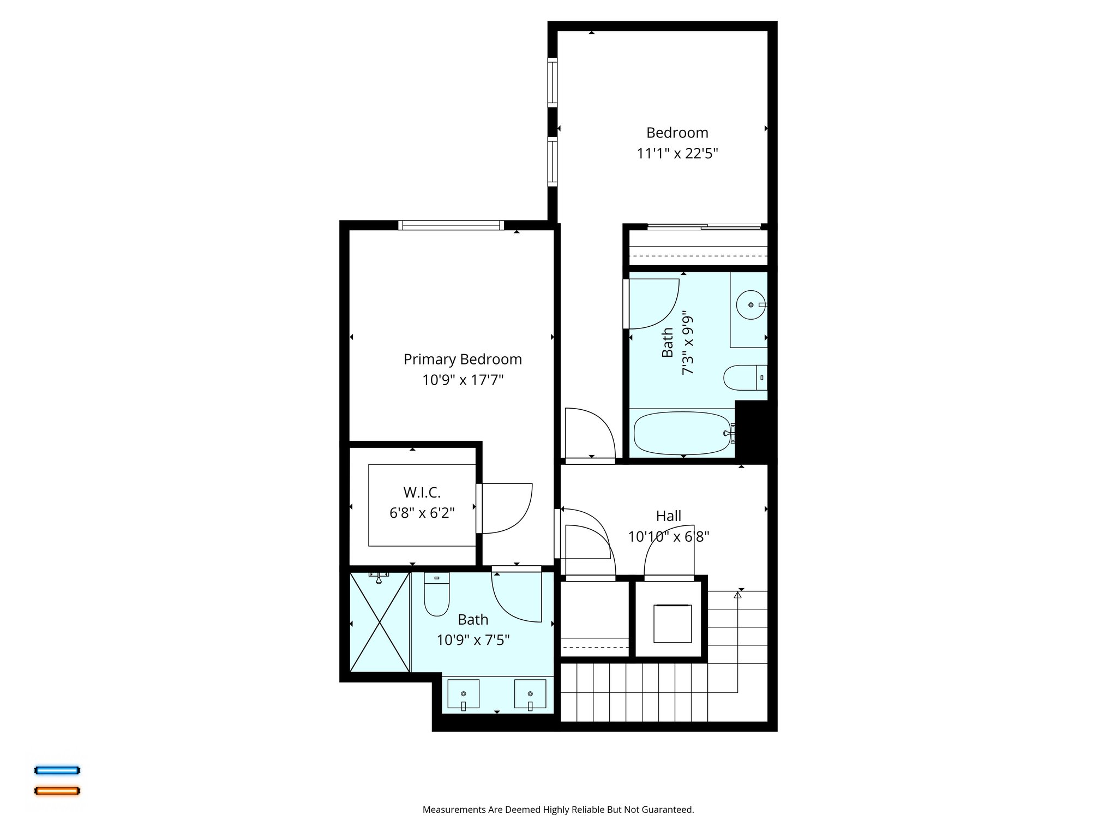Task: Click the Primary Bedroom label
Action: pyautogui.click(x=463, y=359)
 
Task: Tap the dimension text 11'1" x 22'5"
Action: pyautogui.click(x=677, y=153)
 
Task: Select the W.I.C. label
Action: pyautogui.click(x=422, y=492)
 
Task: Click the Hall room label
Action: pyautogui.click(x=668, y=516)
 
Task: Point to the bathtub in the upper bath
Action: pyautogui.click(x=682, y=433)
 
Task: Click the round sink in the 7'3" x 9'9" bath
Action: pyautogui.click(x=751, y=305)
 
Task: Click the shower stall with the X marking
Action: pyautogui.click(x=380, y=622)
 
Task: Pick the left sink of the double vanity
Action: pyautogui.click(x=463, y=694)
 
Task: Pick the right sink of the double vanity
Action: pyautogui.click(x=530, y=694)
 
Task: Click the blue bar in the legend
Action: pyautogui.click(x=57, y=770)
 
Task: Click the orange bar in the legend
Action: pyautogui.click(x=57, y=791)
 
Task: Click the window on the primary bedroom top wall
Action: pyautogui.click(x=451, y=225)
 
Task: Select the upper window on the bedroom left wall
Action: pyautogui.click(x=553, y=82)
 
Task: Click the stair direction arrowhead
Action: pyautogui.click(x=738, y=595)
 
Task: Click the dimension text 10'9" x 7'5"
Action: pyautogui.click(x=473, y=640)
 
